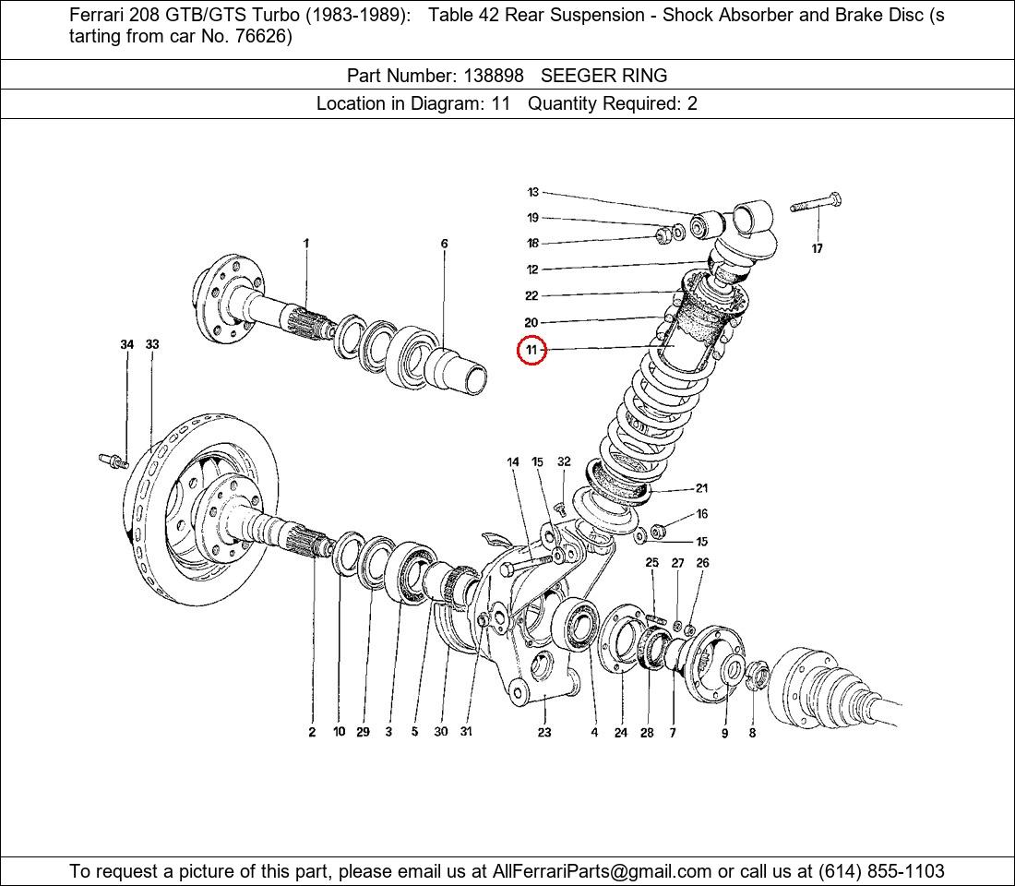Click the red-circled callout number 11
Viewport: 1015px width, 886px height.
tap(531, 351)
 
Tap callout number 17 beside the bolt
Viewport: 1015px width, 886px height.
tap(817, 248)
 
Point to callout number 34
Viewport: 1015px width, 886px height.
tap(127, 344)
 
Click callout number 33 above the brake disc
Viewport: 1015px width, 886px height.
tap(152, 344)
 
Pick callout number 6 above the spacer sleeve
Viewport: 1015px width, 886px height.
tap(444, 244)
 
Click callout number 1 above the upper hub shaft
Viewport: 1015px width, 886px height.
tap(306, 244)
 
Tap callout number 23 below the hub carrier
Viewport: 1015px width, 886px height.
tap(544, 732)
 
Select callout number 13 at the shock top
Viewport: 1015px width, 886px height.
tap(532, 192)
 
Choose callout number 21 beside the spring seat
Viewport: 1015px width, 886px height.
tap(701, 488)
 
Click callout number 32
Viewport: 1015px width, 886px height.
tap(564, 461)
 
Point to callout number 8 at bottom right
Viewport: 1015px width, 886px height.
tap(752, 733)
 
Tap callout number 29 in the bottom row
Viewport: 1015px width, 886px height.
tap(363, 732)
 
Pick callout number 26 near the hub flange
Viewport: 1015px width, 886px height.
tap(702, 562)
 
